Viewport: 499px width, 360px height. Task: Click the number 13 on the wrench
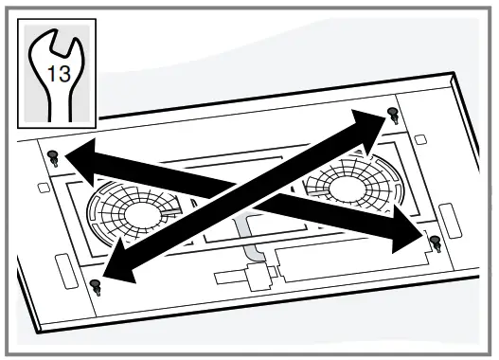pyautogui.click(x=58, y=74)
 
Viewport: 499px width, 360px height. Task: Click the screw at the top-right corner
pyautogui.click(x=393, y=117)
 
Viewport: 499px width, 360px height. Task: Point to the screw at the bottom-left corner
pyautogui.click(x=93, y=284)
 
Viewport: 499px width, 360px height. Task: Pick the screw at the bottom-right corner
pyautogui.click(x=436, y=243)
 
